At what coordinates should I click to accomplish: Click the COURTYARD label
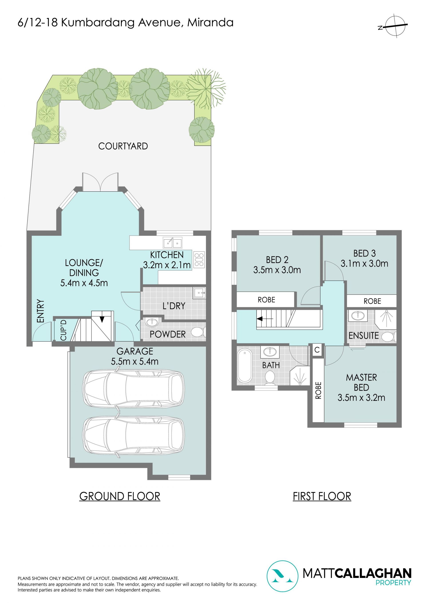(123, 146)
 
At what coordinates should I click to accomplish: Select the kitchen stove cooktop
(199, 260)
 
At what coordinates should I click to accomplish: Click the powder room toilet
(198, 332)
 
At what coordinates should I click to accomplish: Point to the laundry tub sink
(199, 293)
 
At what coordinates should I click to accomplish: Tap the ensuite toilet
(389, 337)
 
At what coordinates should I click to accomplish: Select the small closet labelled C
(317, 350)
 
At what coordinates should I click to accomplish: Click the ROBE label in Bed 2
(266, 300)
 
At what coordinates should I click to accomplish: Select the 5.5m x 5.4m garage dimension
(134, 361)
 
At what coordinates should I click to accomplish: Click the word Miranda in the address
(210, 23)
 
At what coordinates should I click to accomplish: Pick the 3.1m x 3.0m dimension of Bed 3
(364, 263)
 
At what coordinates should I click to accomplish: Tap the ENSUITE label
(363, 336)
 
